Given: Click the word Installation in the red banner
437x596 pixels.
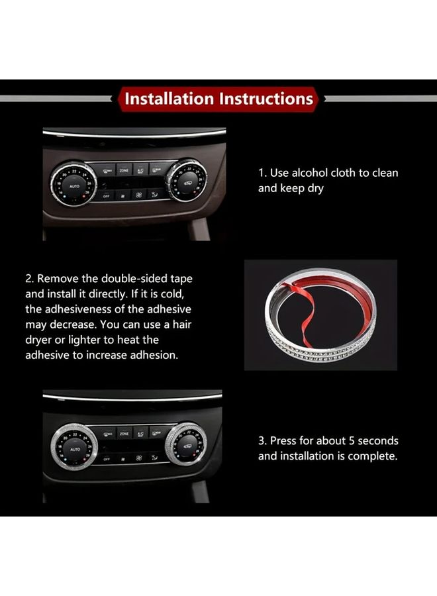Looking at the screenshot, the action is coord(169,99).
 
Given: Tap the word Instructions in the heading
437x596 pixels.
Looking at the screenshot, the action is coord(266,99).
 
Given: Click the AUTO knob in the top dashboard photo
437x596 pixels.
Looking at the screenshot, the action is coord(73,185).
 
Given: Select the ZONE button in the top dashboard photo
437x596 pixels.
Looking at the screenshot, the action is coord(124,171).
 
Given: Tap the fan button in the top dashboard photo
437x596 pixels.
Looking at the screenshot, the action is coord(138,195).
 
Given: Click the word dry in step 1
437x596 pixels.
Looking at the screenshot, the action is coord(315,189).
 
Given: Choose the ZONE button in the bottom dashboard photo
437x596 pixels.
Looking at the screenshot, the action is coord(124,433).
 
